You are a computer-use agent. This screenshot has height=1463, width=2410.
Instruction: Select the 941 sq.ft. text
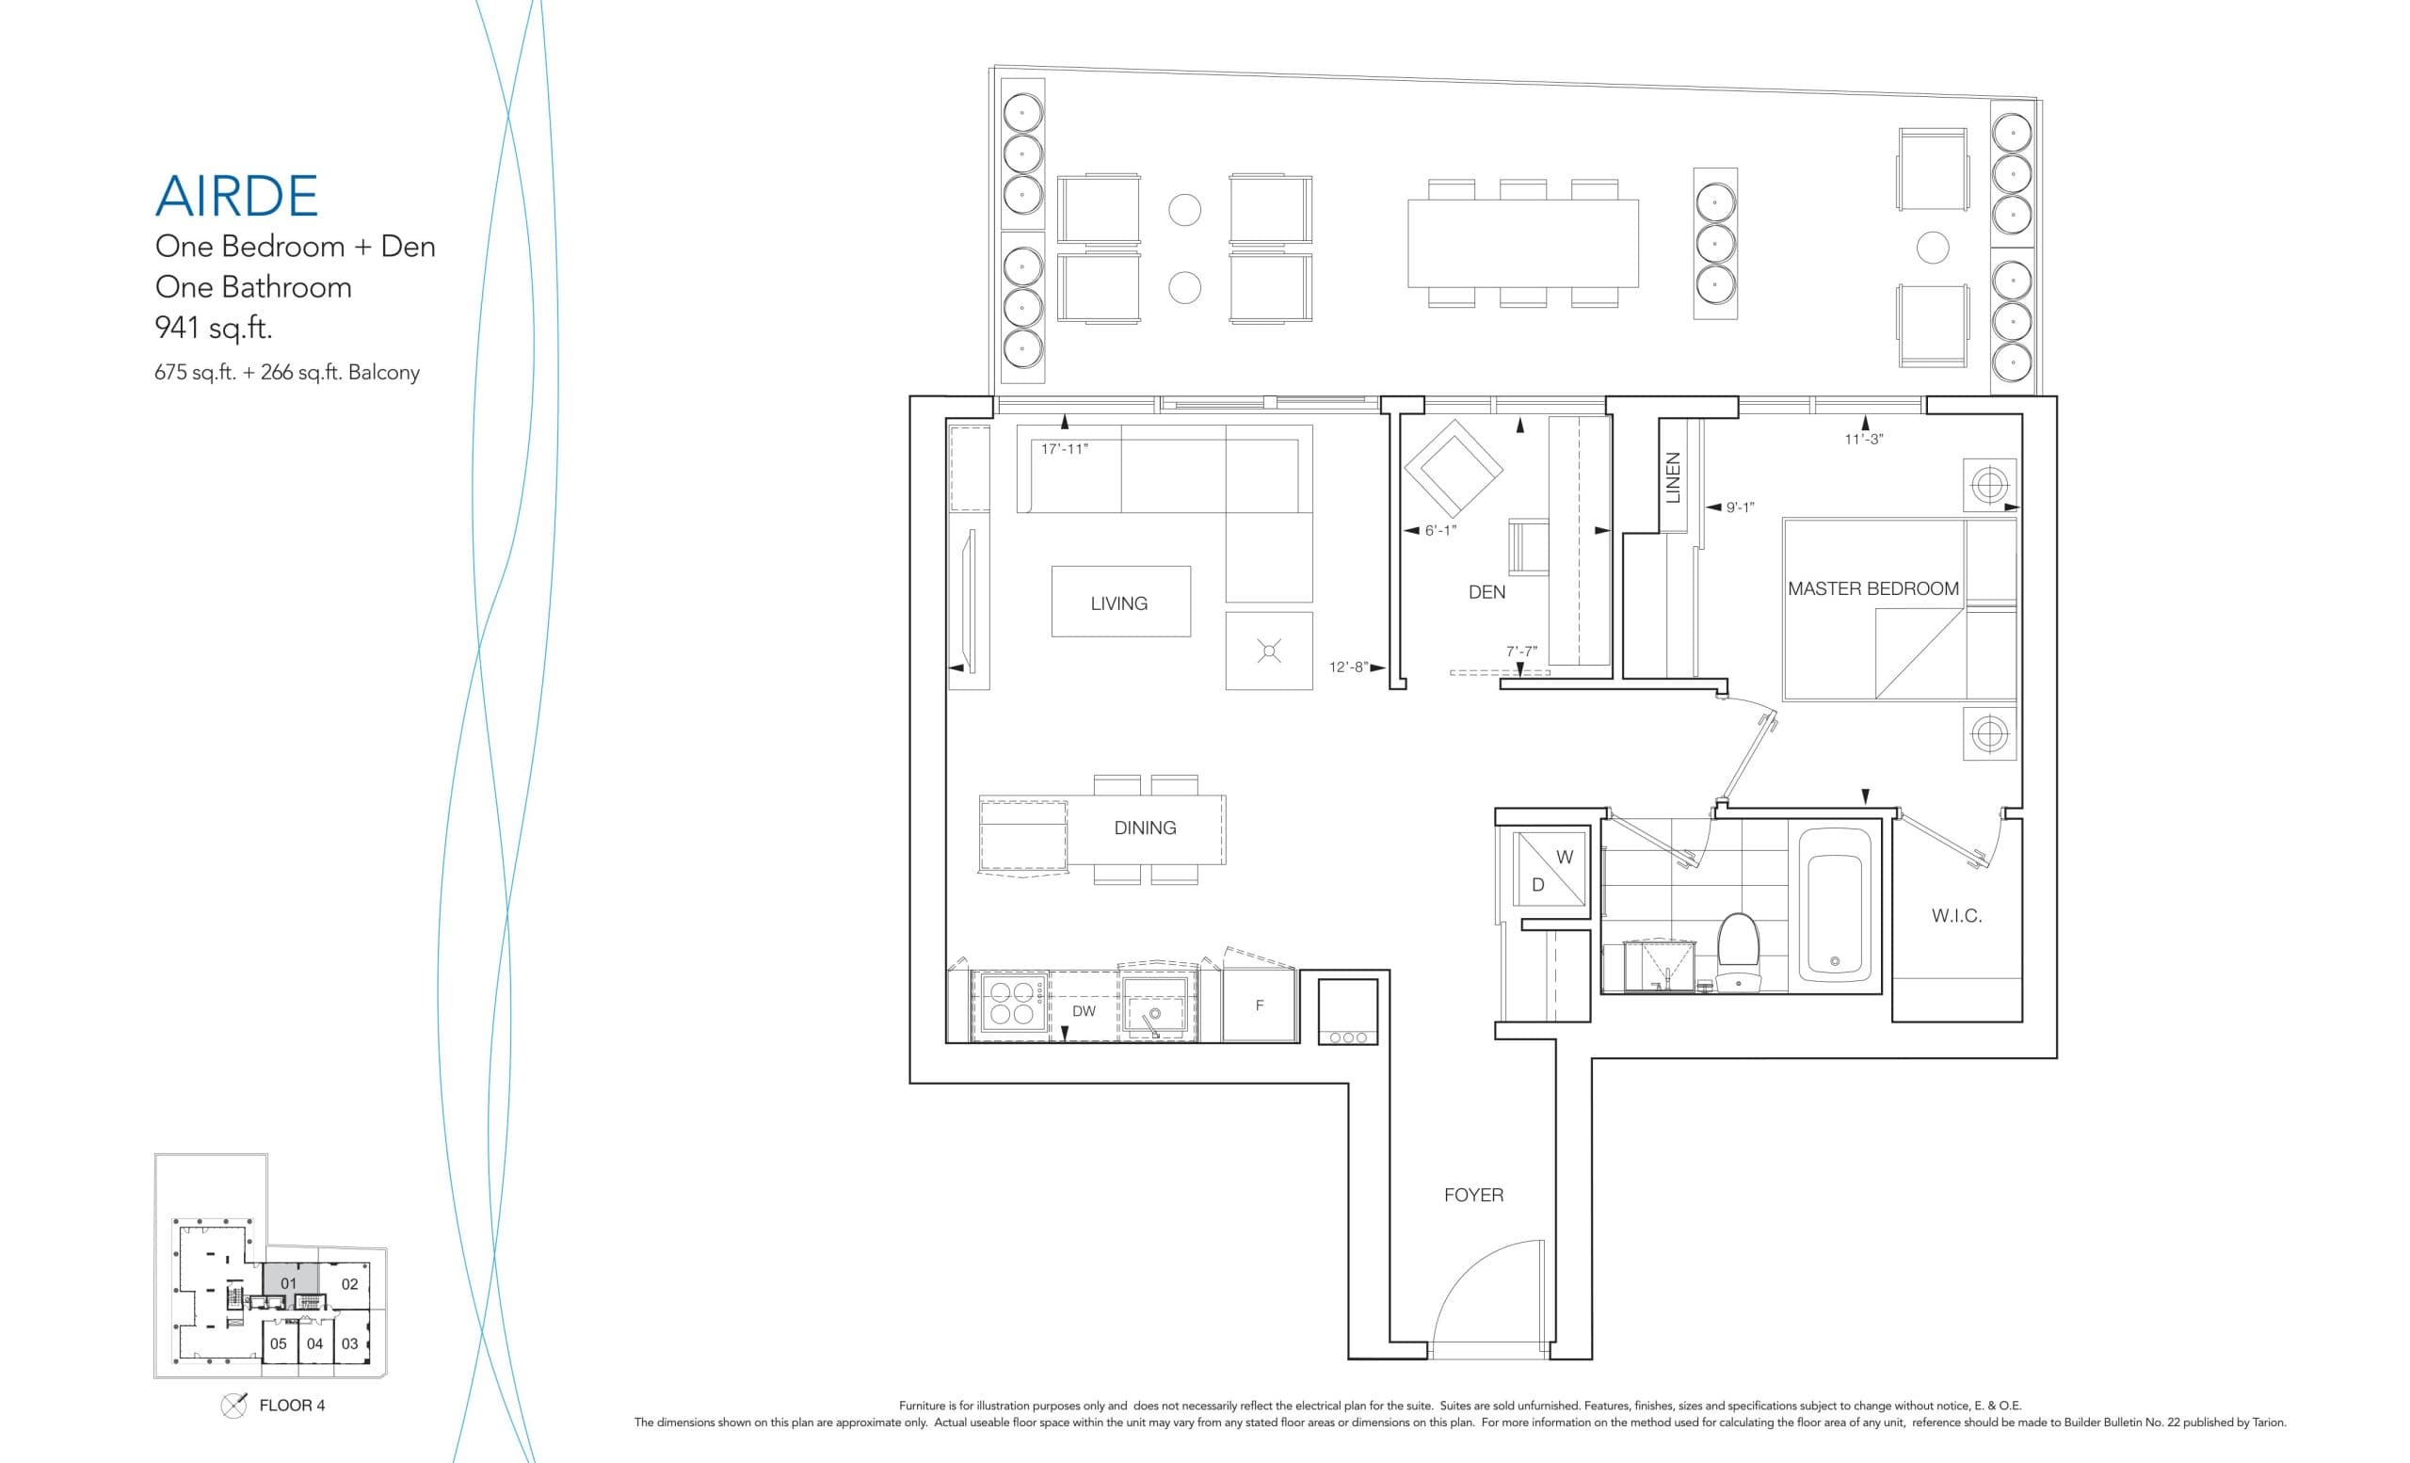pyautogui.click(x=213, y=328)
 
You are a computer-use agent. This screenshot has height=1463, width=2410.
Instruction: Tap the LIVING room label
pyautogui.click(x=1119, y=603)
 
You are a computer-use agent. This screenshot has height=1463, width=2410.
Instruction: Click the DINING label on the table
pyautogui.click(x=1145, y=828)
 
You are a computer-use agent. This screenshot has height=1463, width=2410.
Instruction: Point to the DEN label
pyautogui.click(x=1486, y=591)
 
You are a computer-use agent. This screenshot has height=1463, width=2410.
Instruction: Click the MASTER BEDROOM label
pyautogui.click(x=1872, y=588)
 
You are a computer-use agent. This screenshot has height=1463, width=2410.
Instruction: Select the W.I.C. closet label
pyautogui.click(x=1956, y=916)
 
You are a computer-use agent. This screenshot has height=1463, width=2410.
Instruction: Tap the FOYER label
pyautogui.click(x=1473, y=1195)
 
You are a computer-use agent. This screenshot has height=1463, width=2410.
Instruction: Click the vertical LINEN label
pyautogui.click(x=1674, y=477)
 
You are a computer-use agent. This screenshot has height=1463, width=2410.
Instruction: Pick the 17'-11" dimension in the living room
pyautogui.click(x=1064, y=449)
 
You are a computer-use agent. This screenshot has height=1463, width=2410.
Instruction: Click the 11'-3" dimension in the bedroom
pyautogui.click(x=1863, y=439)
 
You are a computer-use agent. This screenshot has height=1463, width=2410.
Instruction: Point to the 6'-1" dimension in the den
pyautogui.click(x=1439, y=530)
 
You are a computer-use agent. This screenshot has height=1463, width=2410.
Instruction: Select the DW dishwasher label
pyautogui.click(x=1083, y=1011)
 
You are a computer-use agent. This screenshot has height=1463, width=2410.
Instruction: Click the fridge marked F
pyautogui.click(x=1259, y=1005)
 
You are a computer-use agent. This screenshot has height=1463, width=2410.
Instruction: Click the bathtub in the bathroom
pyautogui.click(x=1834, y=905)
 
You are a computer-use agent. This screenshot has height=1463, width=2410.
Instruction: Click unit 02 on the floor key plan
pyautogui.click(x=349, y=1284)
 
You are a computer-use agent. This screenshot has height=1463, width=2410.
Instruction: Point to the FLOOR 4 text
pyautogui.click(x=292, y=1406)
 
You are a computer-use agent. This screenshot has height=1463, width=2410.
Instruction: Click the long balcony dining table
pyautogui.click(x=1522, y=243)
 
